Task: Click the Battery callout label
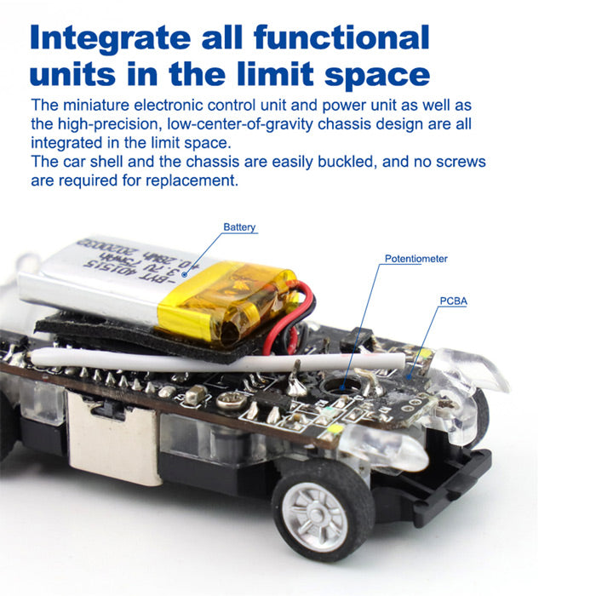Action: [x=239, y=227]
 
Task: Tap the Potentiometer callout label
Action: [x=415, y=259]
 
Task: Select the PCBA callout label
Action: [x=454, y=301]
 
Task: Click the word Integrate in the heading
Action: [x=110, y=39]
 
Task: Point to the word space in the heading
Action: [x=377, y=75]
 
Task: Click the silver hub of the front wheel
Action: [x=317, y=517]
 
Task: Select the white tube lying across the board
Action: [x=216, y=361]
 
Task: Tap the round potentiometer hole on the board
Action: [x=341, y=387]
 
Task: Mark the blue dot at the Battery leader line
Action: [x=185, y=273]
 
